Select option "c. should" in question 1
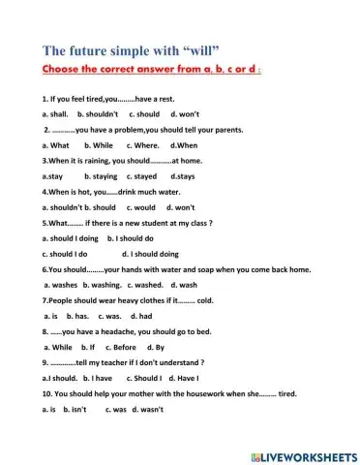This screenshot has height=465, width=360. [x=142, y=113]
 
